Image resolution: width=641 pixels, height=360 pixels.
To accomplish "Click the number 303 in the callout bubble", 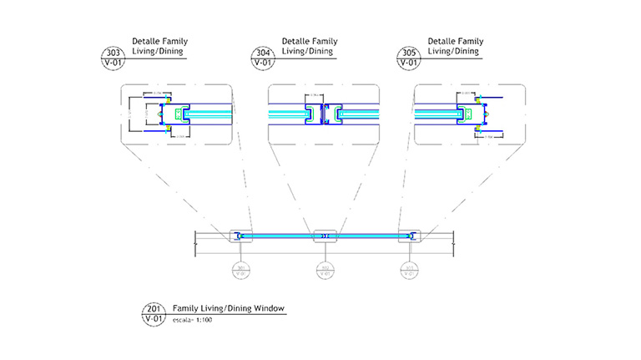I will pyautogui.click(x=111, y=52).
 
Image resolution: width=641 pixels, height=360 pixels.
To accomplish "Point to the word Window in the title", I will pyautogui.click(x=268, y=309).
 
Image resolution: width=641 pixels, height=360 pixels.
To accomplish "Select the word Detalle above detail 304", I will pyautogui.click(x=296, y=40).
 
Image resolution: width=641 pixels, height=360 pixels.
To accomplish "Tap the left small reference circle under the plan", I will pyautogui.click(x=240, y=269).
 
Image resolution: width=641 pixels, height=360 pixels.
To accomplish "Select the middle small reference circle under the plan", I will pyautogui.click(x=325, y=269).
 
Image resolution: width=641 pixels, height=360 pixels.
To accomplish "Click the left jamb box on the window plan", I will pyautogui.click(x=240, y=236).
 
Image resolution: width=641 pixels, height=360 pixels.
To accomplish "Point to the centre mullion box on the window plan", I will pyautogui.click(x=325, y=236).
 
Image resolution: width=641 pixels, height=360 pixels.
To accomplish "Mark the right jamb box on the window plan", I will pyautogui.click(x=410, y=236).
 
